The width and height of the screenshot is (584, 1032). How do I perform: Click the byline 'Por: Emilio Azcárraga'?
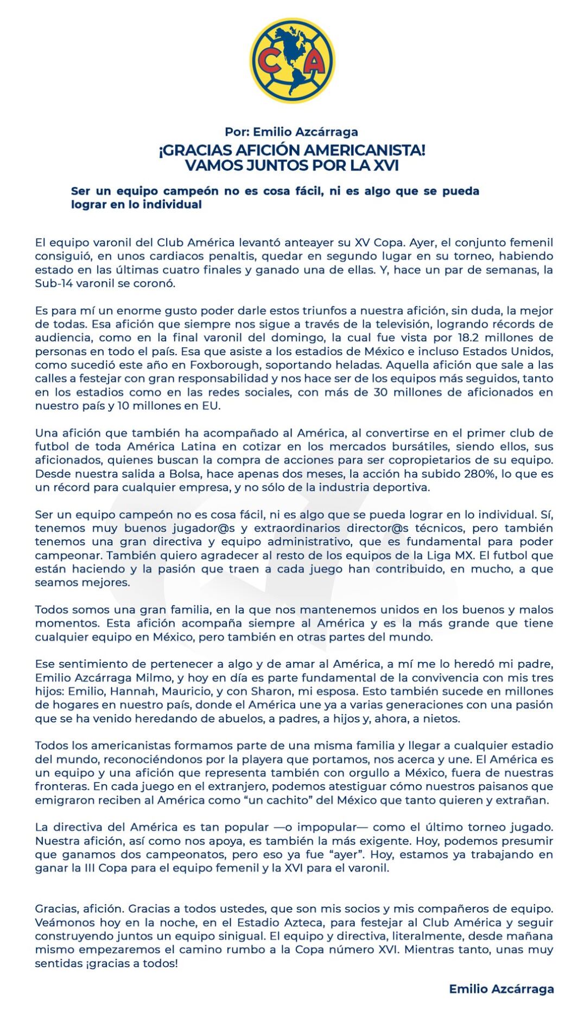tap(291, 132)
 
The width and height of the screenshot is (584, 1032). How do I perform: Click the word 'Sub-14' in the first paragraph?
tap(52, 283)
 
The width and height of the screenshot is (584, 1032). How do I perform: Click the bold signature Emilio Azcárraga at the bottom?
tap(501, 989)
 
